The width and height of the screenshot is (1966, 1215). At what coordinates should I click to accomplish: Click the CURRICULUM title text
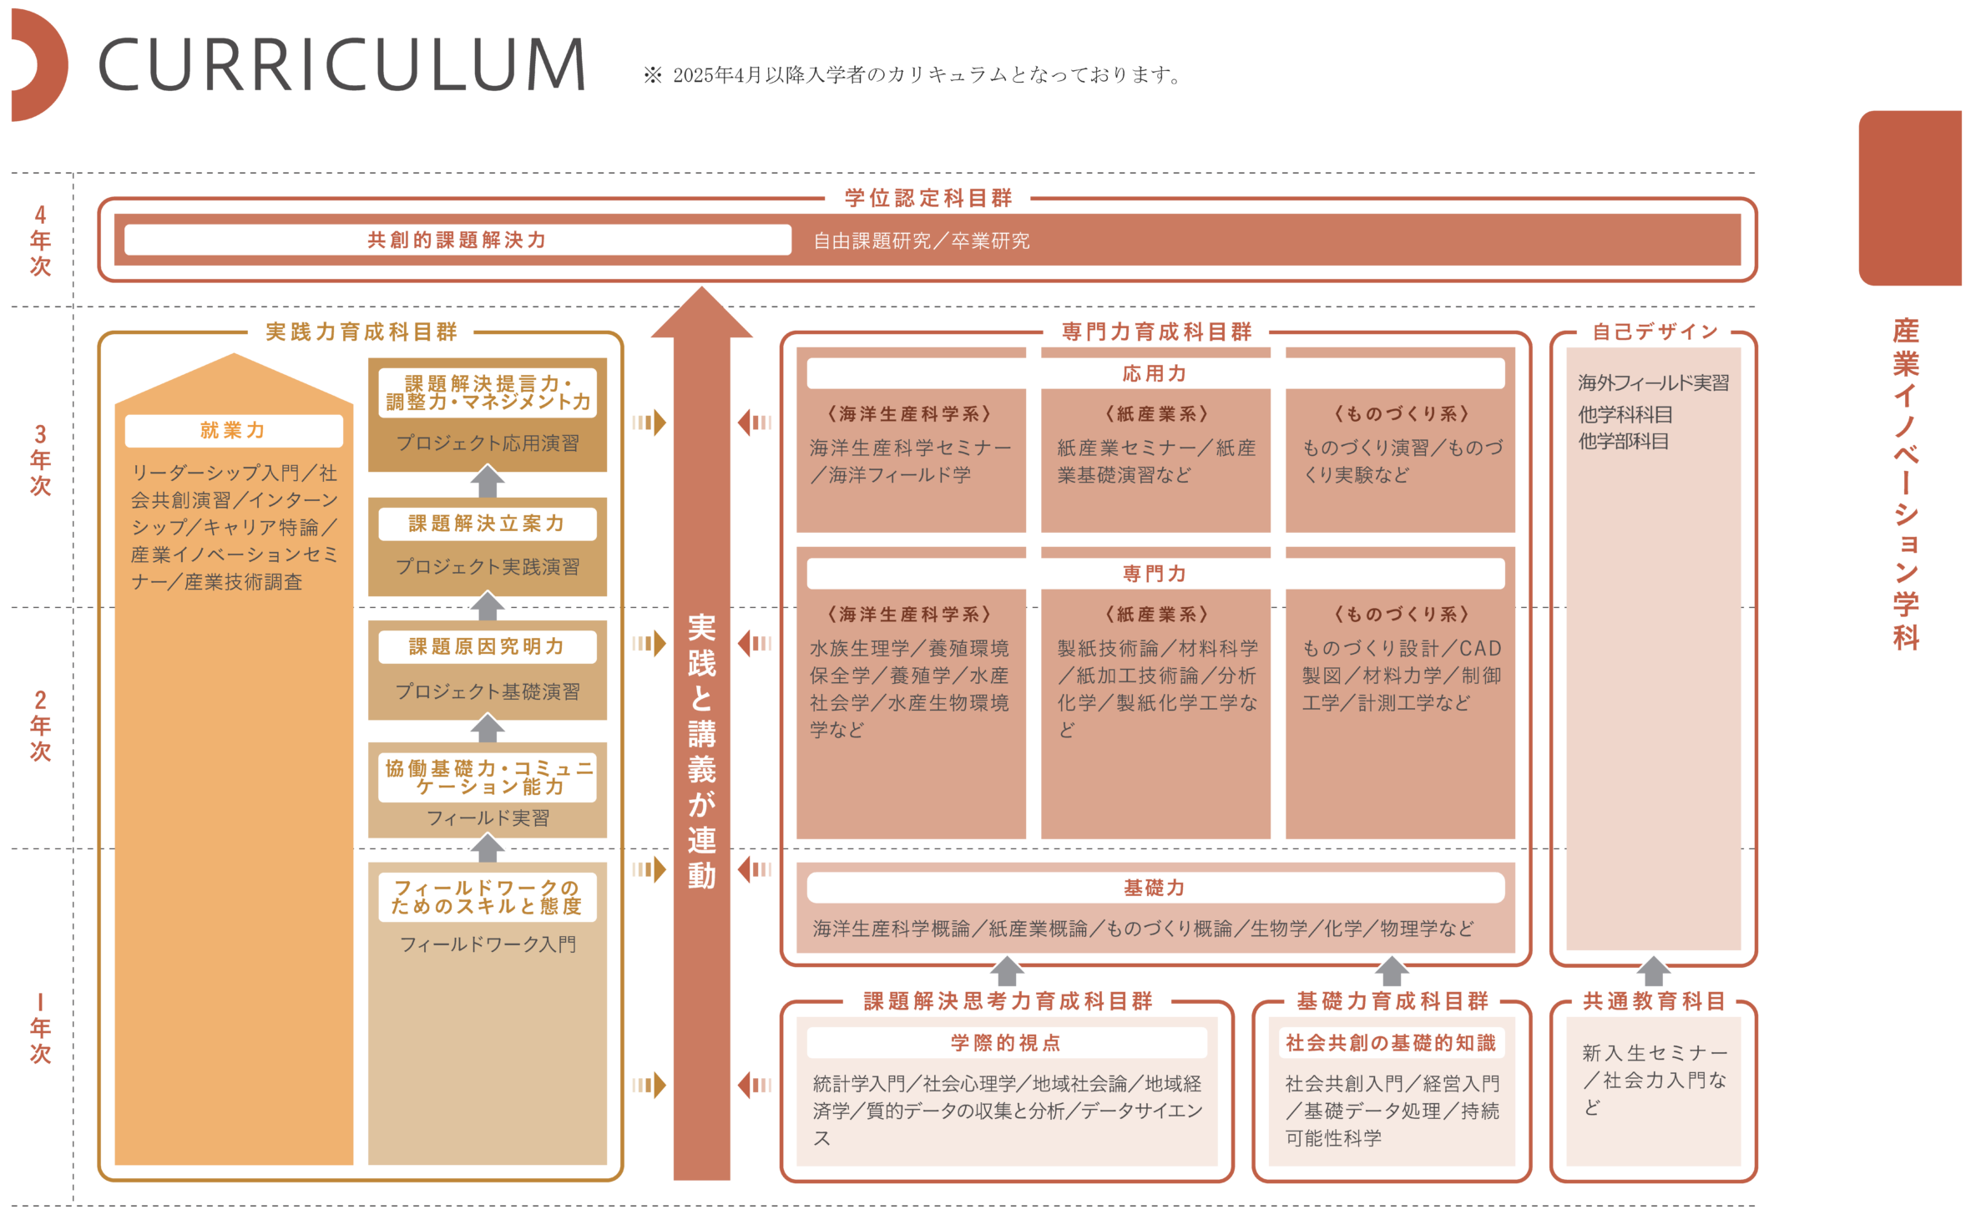pos(342,64)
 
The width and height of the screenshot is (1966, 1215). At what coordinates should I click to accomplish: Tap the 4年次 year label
pos(40,240)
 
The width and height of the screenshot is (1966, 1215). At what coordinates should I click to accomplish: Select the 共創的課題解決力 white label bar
pos(457,240)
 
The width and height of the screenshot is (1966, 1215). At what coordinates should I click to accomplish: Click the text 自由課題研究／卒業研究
pos(922,241)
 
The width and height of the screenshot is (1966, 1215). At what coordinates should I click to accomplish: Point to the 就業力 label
pos(233,430)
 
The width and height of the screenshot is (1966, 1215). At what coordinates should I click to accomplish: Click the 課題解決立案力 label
pos(487,524)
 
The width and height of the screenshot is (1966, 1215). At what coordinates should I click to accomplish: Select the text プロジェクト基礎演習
pos(488,691)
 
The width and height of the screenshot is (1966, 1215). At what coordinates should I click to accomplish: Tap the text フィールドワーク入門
pos(488,944)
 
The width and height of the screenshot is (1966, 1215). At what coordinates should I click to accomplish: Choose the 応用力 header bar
pos(1155,373)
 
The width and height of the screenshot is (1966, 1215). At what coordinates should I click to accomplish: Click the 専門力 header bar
pos(1155,574)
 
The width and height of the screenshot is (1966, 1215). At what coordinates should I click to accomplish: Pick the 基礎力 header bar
pos(1155,888)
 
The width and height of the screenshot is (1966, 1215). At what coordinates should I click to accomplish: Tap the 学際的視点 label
pos(1006,1043)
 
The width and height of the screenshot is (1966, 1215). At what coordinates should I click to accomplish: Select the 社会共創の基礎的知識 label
pos(1391,1043)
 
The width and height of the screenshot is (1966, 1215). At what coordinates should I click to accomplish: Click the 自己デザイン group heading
pos(1655,332)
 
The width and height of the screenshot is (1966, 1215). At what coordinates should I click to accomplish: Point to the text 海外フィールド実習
pos(1653,383)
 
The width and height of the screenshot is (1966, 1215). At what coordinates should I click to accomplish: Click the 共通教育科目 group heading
pos(1654,1001)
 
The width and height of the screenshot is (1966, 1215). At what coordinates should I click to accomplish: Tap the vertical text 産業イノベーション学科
pos(1906,484)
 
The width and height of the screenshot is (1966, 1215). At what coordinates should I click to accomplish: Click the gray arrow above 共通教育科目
pos(1653,971)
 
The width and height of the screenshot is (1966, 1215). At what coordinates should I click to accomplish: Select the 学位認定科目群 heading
pos(928,198)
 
